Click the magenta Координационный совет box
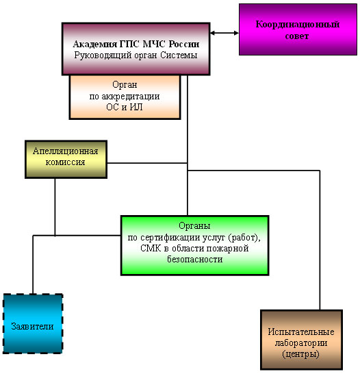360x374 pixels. coord(298,29)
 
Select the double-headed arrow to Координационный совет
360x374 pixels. coord(224,33)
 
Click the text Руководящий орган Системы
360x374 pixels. coord(136,55)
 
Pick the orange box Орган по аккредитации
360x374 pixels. coord(125,97)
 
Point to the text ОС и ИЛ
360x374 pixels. coord(125,107)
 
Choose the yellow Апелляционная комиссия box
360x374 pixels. coord(66,160)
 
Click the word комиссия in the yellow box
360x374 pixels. coord(65,162)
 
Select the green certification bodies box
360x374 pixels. coord(195,245)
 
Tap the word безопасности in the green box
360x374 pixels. coord(195,259)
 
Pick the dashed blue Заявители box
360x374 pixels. coord(33,324)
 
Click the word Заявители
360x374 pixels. coord(32,326)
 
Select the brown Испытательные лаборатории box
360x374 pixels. coord(301,340)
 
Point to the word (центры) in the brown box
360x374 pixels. coord(300,354)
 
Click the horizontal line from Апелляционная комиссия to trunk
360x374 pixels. coord(147,163)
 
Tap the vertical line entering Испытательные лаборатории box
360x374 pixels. coord(320,240)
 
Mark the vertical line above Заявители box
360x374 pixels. coord(33,264)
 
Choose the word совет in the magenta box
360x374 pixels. coord(297,36)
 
